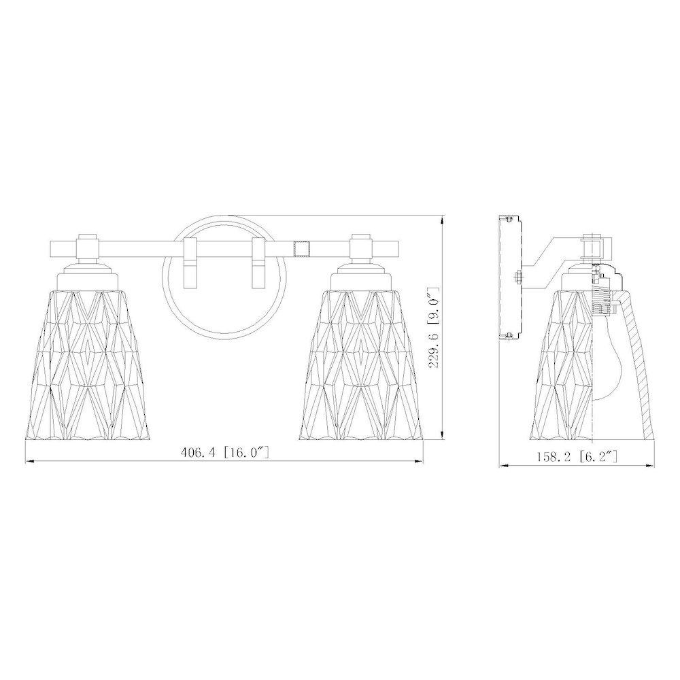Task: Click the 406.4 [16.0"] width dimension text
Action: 225,453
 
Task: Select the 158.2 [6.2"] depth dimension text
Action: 577,456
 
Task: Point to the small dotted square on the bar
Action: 301,249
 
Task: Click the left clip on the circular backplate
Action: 191,262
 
